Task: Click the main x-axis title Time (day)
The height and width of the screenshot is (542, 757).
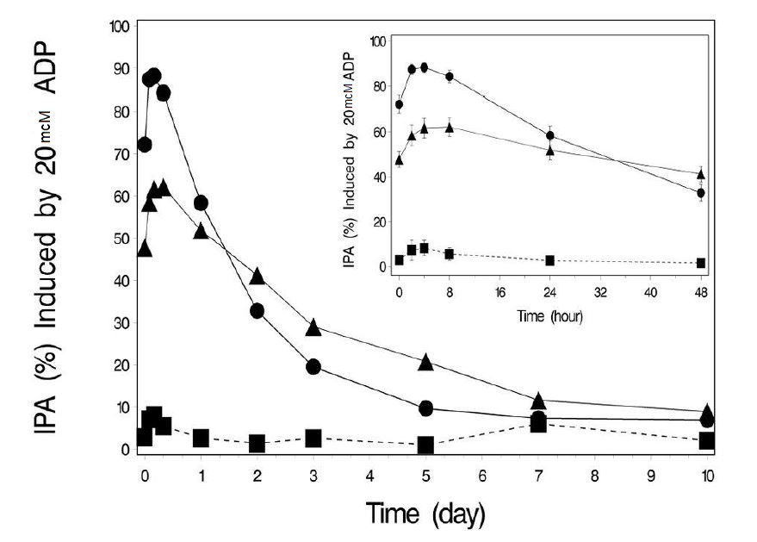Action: click(x=425, y=514)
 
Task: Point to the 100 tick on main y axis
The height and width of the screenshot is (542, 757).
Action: click(x=120, y=27)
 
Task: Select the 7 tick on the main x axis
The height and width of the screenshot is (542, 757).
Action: click(x=538, y=474)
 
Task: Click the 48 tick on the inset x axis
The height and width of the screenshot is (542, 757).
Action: click(x=700, y=291)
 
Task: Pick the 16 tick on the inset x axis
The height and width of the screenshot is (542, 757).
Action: click(x=499, y=291)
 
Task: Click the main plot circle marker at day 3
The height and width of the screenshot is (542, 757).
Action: click(x=313, y=367)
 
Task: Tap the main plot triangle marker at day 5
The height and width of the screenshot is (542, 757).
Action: click(x=425, y=363)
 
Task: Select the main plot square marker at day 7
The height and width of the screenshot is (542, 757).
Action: click(x=538, y=424)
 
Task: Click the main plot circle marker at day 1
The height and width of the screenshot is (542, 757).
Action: click(x=201, y=203)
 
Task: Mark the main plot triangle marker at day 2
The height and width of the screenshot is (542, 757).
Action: click(x=257, y=277)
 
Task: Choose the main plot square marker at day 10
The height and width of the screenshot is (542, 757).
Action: click(x=707, y=441)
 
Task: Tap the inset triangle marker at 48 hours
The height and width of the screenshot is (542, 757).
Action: click(x=700, y=174)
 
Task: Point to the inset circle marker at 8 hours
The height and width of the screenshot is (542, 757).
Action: click(x=449, y=77)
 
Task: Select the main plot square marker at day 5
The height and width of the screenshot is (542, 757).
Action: click(x=425, y=445)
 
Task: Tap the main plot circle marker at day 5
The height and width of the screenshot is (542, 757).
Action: click(x=425, y=408)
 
